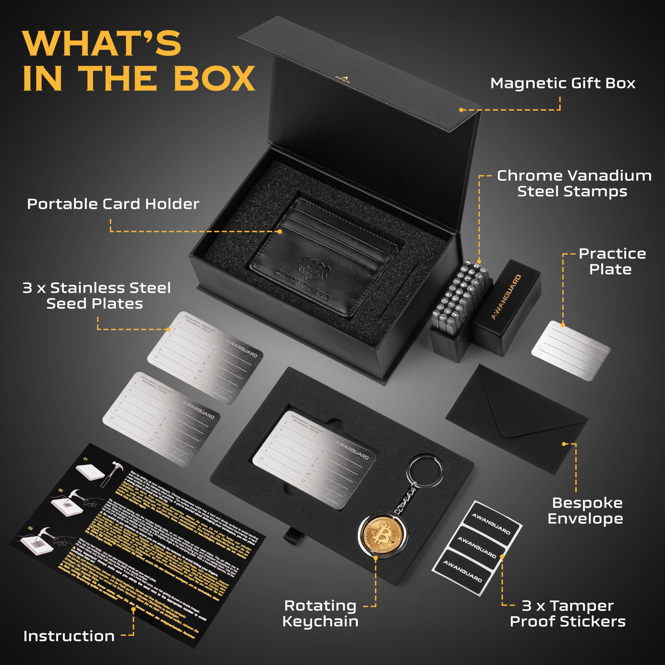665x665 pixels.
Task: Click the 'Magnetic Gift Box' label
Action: [562, 83]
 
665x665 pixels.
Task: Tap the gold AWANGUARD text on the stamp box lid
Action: [506, 297]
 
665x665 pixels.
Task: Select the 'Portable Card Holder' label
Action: [113, 204]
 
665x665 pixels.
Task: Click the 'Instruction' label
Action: [69, 636]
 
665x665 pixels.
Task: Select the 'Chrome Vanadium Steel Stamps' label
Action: [574, 183]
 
